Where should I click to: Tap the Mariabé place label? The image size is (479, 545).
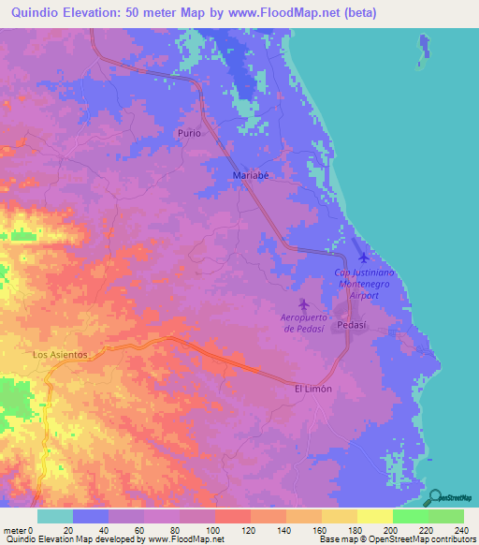coord(251,175)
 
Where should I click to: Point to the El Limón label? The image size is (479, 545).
coord(312,389)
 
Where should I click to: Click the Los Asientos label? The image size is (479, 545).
coord(60,355)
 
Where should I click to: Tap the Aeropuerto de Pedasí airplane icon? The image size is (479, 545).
coord(303,304)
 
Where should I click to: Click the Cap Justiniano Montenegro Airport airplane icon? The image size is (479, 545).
coord(363,257)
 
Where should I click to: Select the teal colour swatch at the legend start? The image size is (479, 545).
coord(55,516)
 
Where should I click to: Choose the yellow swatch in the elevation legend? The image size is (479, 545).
coord(374,516)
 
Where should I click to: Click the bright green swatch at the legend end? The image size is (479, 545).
coord(445,516)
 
